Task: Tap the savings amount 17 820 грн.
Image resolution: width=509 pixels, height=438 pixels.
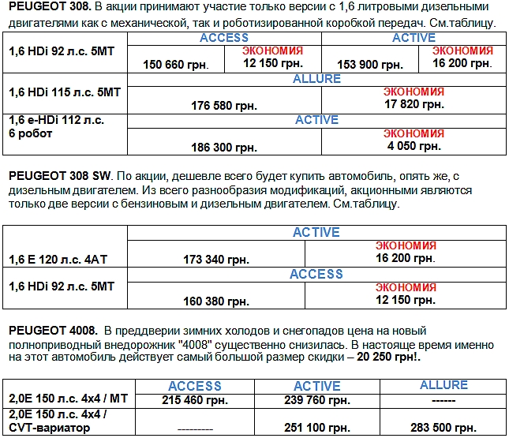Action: [x=414, y=103]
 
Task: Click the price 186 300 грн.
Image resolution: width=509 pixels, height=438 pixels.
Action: [x=224, y=147]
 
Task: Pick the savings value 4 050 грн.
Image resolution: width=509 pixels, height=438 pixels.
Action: [x=414, y=145]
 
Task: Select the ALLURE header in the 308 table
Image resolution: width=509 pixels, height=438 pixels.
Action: [x=316, y=79]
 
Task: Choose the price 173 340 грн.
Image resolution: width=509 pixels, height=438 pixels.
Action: [x=215, y=259]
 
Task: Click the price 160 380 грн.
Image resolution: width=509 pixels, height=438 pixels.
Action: [x=215, y=301]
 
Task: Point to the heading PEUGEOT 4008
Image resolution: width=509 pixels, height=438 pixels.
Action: [x=52, y=329]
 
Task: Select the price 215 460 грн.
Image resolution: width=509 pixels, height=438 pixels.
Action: [x=194, y=399]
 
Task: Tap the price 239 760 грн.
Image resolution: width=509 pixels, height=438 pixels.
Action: [x=316, y=399]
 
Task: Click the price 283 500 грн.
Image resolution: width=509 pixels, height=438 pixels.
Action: [x=444, y=427]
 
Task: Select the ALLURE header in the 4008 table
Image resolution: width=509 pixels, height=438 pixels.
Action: [x=444, y=385]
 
